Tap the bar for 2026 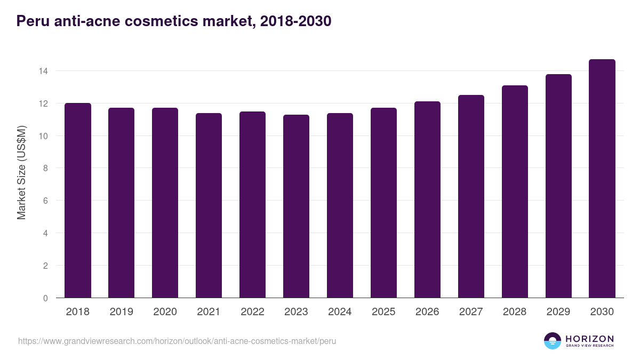427,200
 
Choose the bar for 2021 209,206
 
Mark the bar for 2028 515,192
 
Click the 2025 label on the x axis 383,312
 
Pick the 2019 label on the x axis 121,312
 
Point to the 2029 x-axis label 558,312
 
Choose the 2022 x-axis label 252,312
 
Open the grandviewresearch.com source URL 177,341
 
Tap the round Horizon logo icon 553,341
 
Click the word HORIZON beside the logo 589,338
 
